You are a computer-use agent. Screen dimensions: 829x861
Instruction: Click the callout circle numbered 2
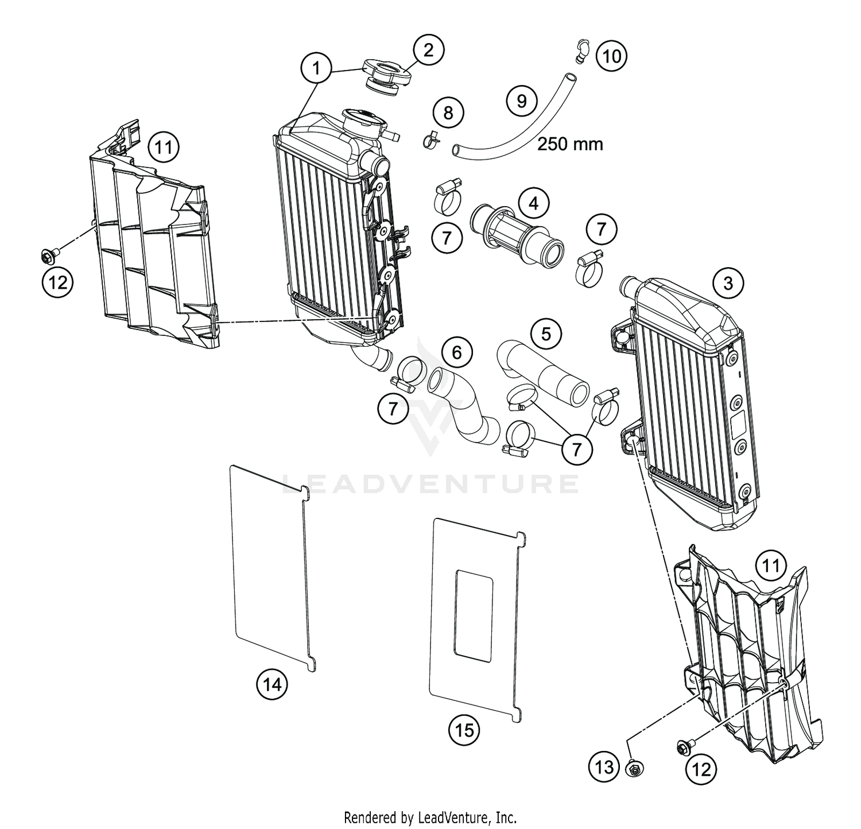[x=428, y=51]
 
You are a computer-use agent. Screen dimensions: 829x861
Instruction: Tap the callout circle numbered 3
[x=728, y=283]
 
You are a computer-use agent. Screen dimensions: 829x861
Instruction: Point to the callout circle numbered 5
[x=546, y=334]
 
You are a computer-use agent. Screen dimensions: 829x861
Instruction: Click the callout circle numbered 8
[x=448, y=113]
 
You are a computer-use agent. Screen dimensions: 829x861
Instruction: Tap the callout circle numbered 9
[x=521, y=102]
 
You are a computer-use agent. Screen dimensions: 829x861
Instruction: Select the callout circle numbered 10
[x=611, y=56]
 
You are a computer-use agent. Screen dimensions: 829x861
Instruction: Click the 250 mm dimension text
[x=569, y=144]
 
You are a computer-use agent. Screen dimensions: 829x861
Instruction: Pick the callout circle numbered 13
[x=605, y=767]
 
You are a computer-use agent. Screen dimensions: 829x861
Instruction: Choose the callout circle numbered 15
[x=464, y=730]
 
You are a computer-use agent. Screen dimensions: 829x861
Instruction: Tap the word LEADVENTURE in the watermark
[x=430, y=484]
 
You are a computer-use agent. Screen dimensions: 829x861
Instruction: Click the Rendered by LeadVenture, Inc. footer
[x=430, y=816]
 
